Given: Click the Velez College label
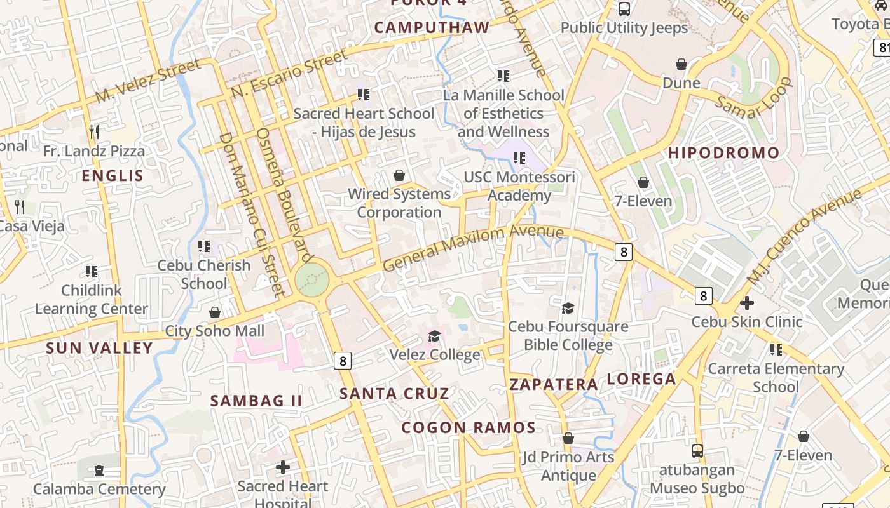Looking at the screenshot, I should click(x=434, y=354).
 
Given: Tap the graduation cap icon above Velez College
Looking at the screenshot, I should click(x=434, y=336).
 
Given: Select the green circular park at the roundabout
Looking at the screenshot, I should click(x=312, y=279).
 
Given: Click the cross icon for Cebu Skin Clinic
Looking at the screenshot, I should click(x=747, y=303).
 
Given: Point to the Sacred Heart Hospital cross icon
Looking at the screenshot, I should click(x=283, y=467).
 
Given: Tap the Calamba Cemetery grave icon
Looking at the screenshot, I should click(x=99, y=471).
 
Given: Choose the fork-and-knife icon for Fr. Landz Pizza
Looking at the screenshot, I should click(x=94, y=132).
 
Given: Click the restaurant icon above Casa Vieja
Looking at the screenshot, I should click(x=20, y=207).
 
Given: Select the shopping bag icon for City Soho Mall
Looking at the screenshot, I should click(x=215, y=312).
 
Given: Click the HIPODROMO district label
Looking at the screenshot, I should click(x=723, y=153).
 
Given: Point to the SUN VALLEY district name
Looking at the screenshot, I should click(x=99, y=348).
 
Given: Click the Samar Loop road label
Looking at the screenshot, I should click(x=754, y=99).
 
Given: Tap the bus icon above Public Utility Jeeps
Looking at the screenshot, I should click(x=624, y=9).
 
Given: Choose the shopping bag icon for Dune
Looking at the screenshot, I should click(x=681, y=64).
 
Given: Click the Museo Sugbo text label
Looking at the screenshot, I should click(x=697, y=488).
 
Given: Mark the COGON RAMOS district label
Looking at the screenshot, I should click(x=469, y=427).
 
